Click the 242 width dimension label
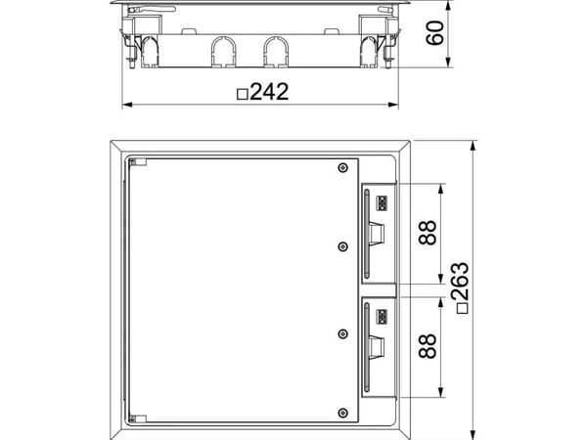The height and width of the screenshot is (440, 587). [269, 92]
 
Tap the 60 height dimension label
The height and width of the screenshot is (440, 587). [435, 33]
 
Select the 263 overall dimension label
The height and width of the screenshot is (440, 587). [460, 282]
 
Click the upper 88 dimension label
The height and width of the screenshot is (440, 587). [428, 233]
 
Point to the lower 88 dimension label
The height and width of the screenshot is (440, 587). [428, 346]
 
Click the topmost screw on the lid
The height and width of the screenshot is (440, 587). [342, 168]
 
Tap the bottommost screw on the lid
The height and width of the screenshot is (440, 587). [342, 413]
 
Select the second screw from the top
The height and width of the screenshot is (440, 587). [342, 246]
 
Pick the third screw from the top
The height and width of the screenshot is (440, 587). [342, 334]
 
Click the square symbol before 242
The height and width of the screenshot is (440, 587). [243, 94]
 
